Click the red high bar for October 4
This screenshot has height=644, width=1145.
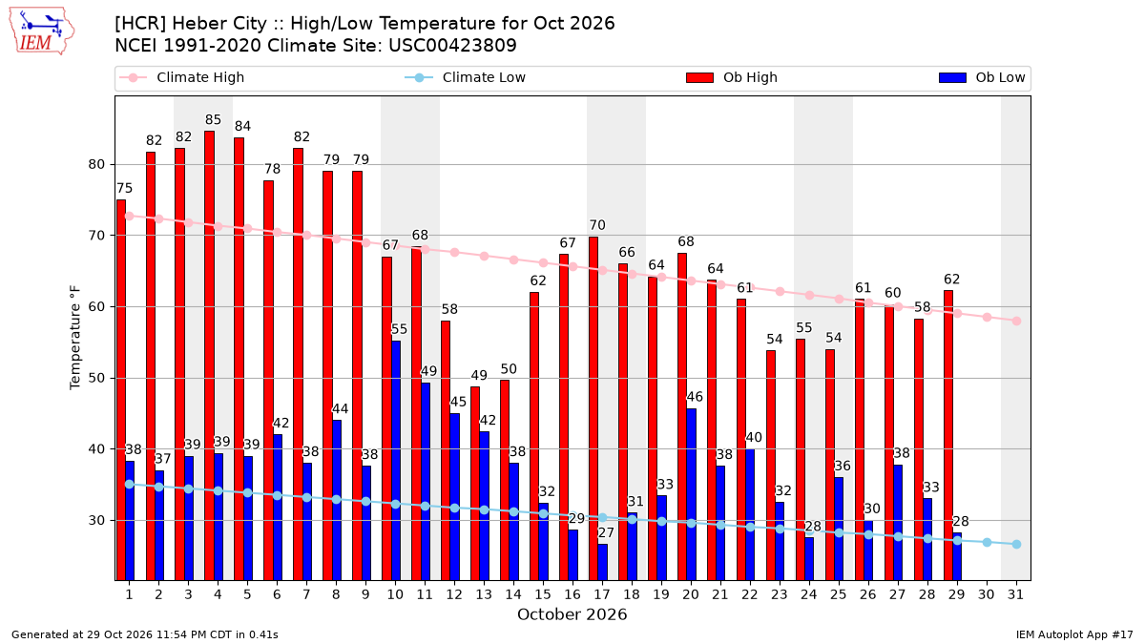(210, 356)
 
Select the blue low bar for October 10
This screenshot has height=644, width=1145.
(396, 461)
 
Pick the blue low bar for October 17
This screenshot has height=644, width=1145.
(603, 562)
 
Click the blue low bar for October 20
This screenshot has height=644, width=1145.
(691, 494)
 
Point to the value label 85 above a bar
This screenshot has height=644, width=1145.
(213, 119)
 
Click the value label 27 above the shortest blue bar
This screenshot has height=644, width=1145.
(606, 532)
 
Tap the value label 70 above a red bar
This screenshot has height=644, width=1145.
(597, 225)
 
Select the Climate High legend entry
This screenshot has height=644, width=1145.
(181, 77)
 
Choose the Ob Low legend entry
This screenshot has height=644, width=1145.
(982, 77)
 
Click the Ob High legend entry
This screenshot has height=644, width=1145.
(732, 77)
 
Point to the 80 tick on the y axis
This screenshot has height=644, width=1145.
(96, 164)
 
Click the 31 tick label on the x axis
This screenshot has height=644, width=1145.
(1015, 594)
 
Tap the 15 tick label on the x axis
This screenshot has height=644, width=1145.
(543, 594)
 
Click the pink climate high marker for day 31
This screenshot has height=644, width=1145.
(1017, 321)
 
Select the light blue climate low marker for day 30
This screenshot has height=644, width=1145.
(987, 542)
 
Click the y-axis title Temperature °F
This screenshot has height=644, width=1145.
(75, 338)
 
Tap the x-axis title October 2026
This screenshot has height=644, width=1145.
(572, 614)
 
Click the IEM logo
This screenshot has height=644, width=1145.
(42, 31)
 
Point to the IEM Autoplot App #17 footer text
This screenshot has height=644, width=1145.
(1074, 634)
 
